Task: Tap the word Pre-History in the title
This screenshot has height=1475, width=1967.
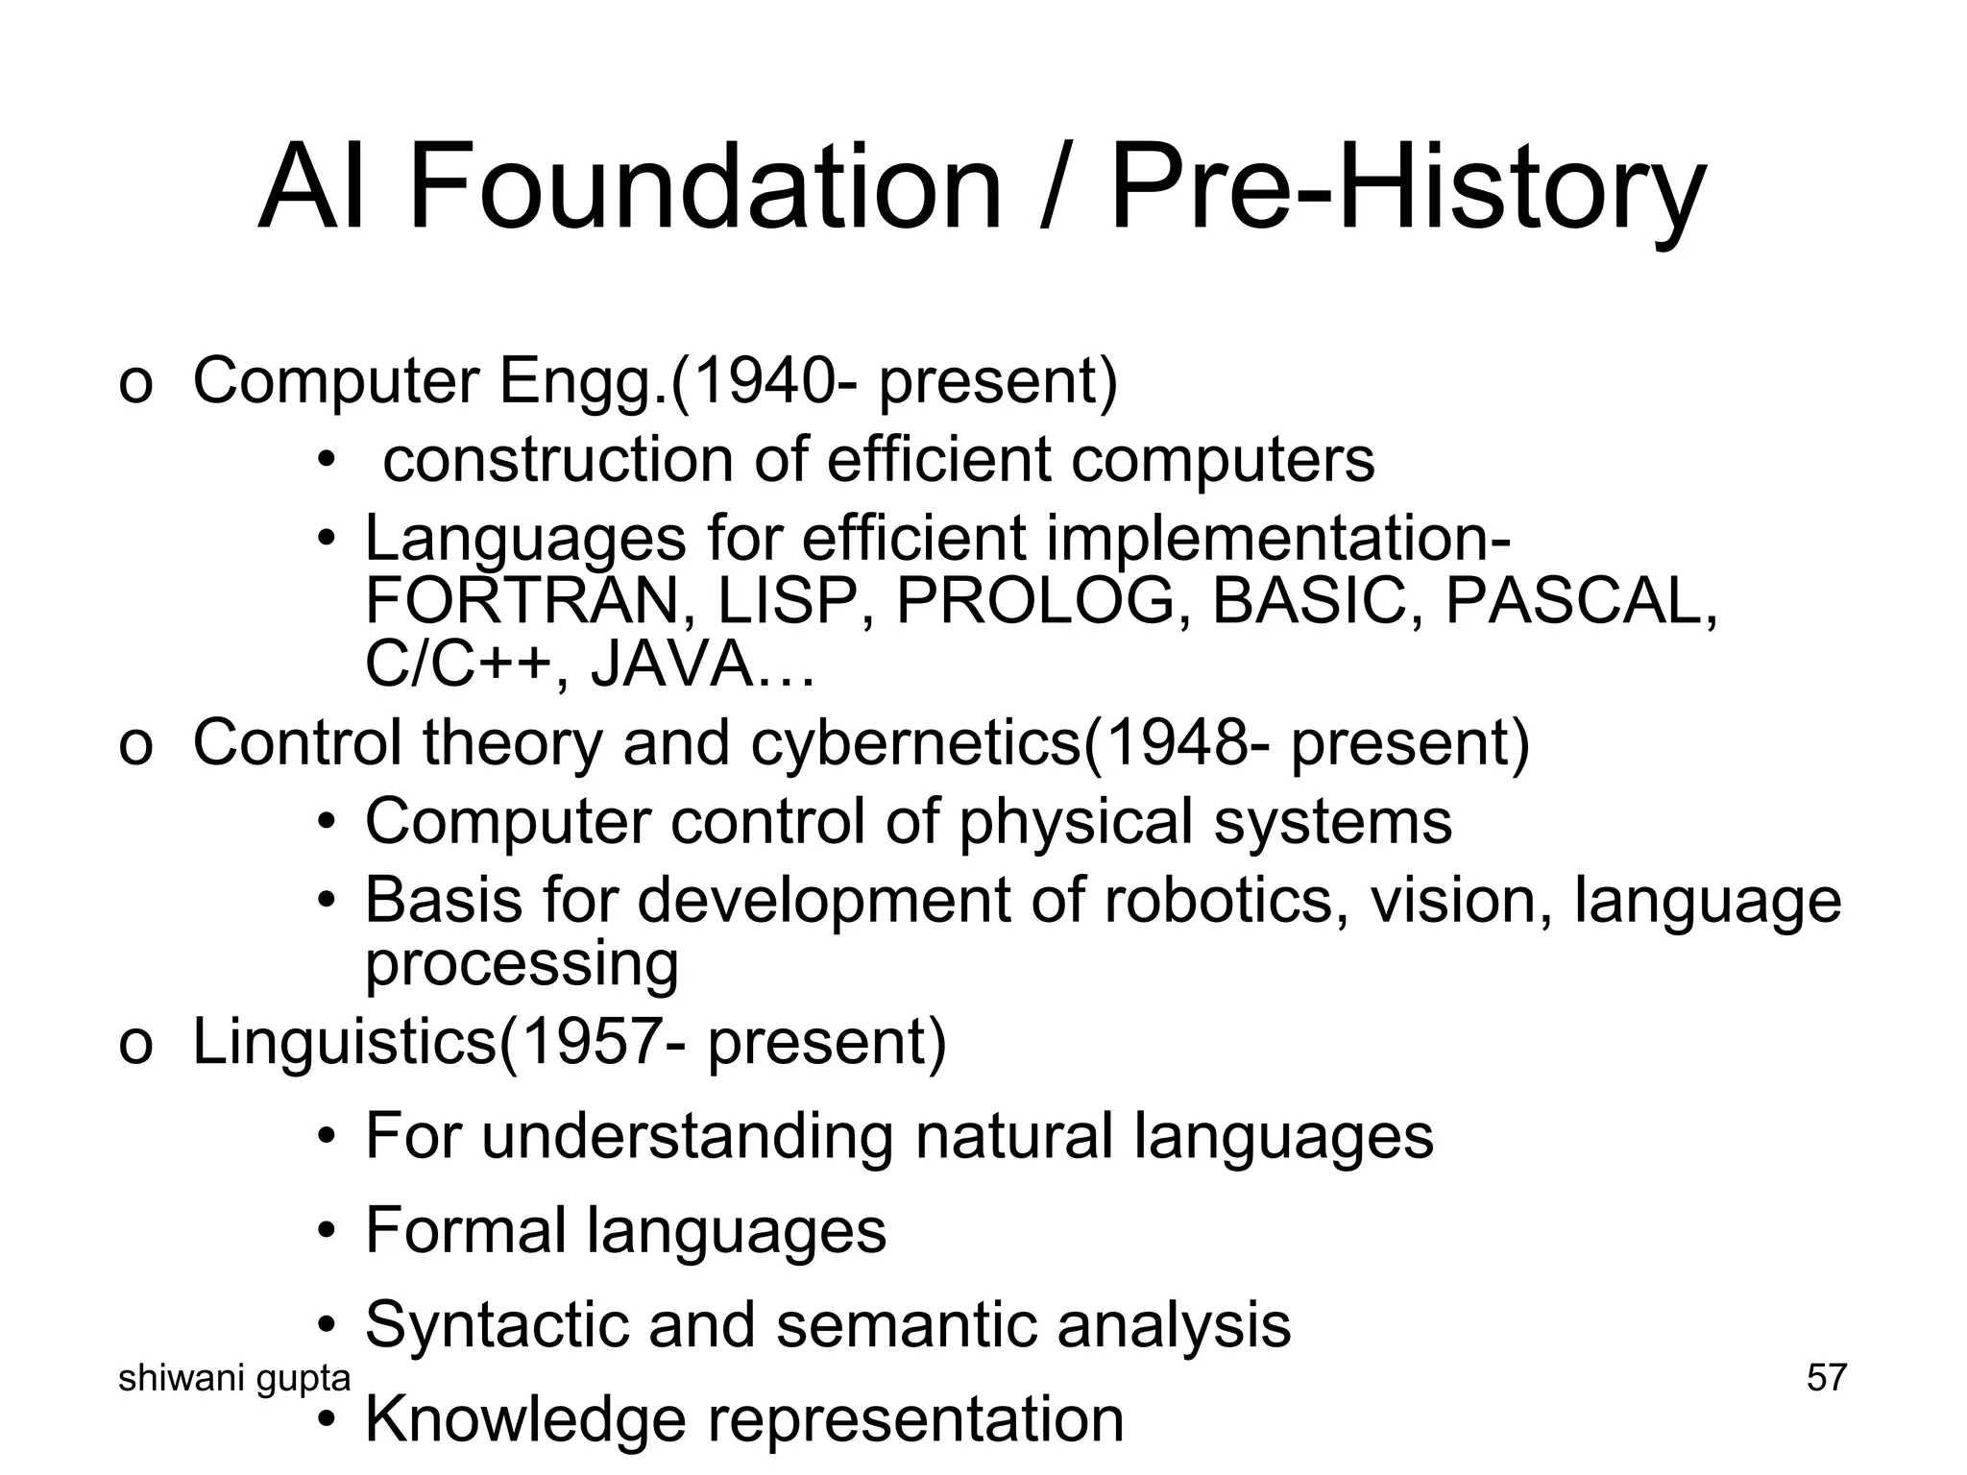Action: [1407, 187]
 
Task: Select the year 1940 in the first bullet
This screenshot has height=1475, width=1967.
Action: [758, 380]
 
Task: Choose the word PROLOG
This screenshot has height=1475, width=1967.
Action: [1035, 602]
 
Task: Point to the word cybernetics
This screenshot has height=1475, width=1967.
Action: [915, 742]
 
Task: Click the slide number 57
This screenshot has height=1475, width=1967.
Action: [1826, 1377]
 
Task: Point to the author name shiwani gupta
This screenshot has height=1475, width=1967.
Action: [233, 1378]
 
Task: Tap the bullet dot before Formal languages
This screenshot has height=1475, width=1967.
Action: [328, 1232]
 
